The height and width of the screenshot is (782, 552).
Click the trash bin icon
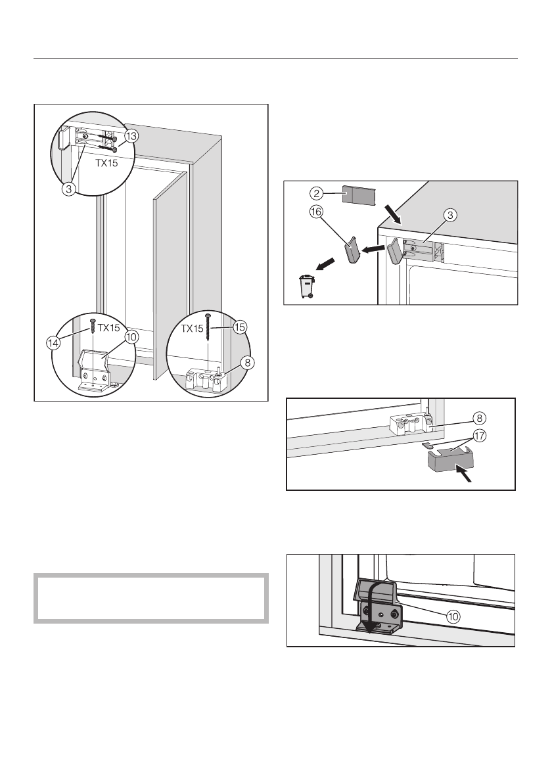[307, 287]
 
